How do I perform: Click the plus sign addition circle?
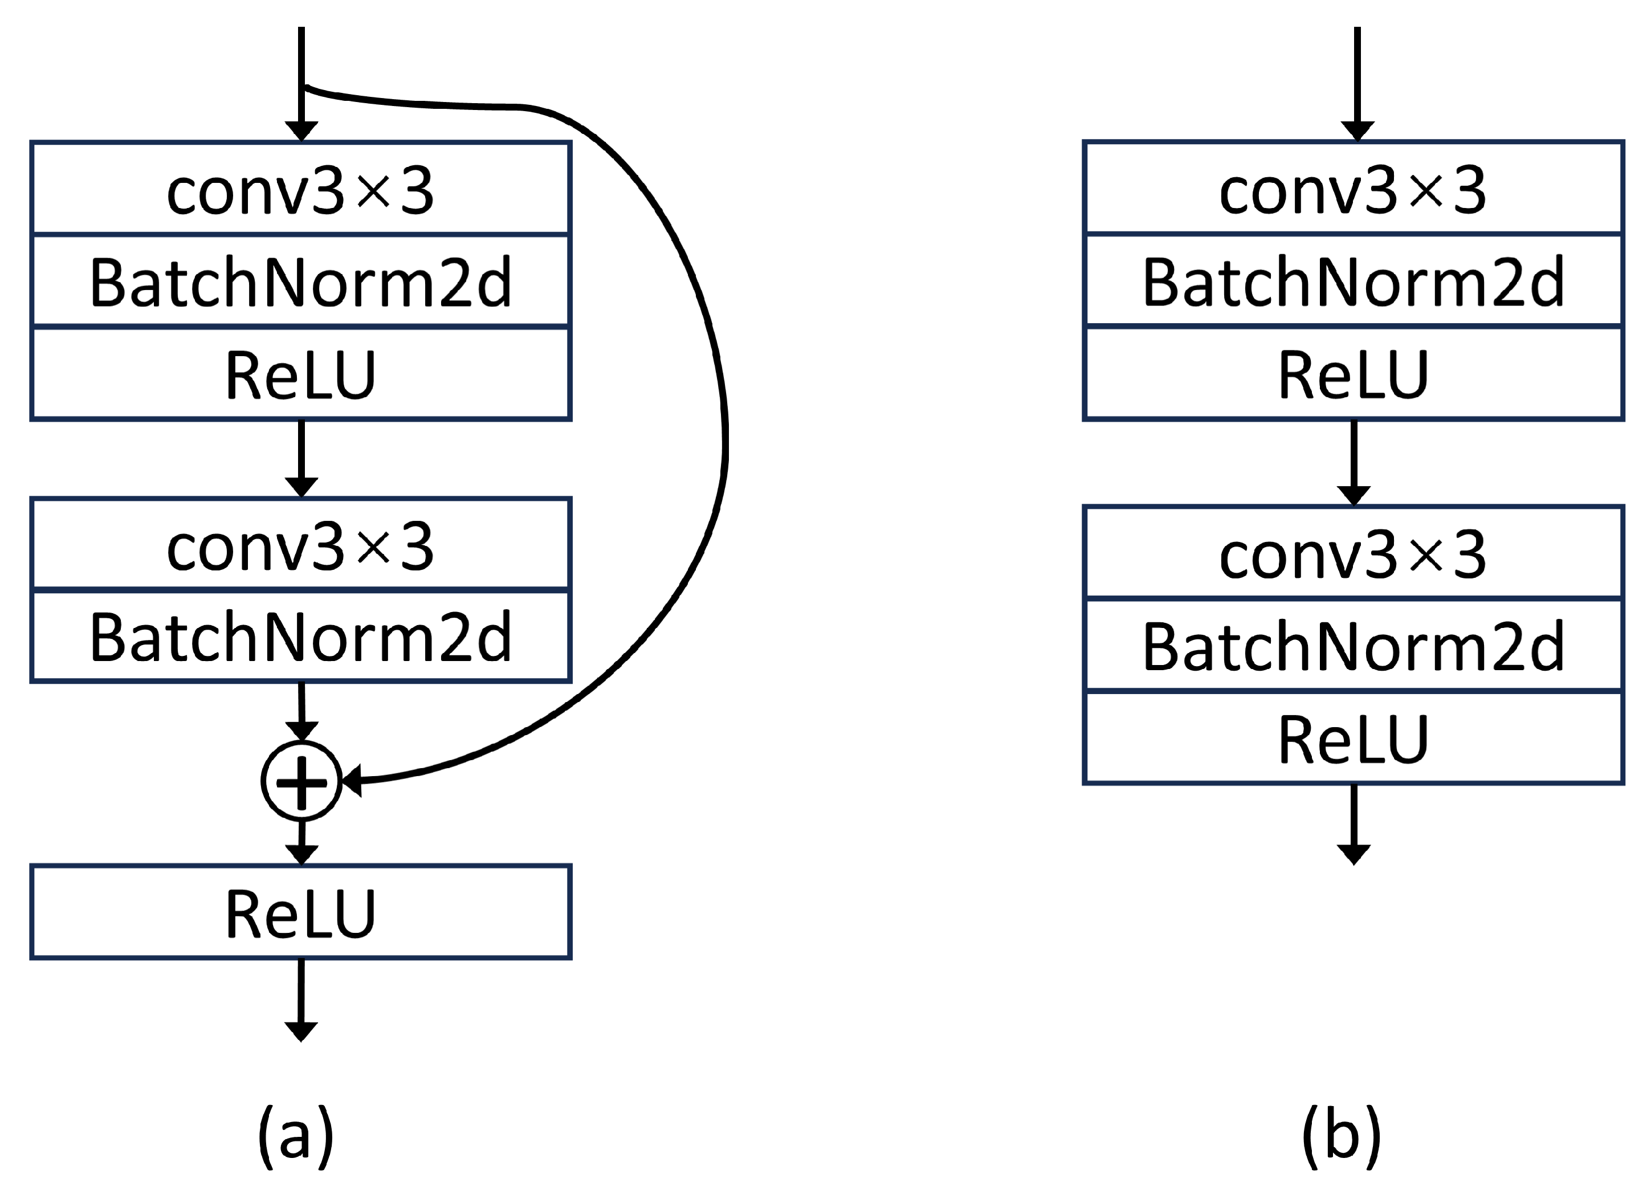click(x=301, y=781)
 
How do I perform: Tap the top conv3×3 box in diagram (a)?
click(x=301, y=189)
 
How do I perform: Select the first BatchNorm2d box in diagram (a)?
click(x=301, y=281)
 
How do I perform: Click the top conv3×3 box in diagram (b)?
click(x=1354, y=189)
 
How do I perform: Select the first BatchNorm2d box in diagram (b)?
click(x=1354, y=281)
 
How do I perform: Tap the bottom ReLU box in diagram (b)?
click(x=1354, y=738)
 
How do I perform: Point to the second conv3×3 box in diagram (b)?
click(x=1354, y=553)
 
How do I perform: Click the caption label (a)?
click(x=296, y=1135)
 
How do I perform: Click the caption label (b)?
click(x=1341, y=1135)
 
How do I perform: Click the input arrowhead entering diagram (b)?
click(x=1358, y=131)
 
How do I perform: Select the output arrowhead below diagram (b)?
click(x=1354, y=855)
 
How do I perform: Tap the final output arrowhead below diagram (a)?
click(x=301, y=1031)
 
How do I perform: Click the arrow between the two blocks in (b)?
click(x=1354, y=462)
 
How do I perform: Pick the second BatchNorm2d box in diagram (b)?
click(x=1354, y=645)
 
